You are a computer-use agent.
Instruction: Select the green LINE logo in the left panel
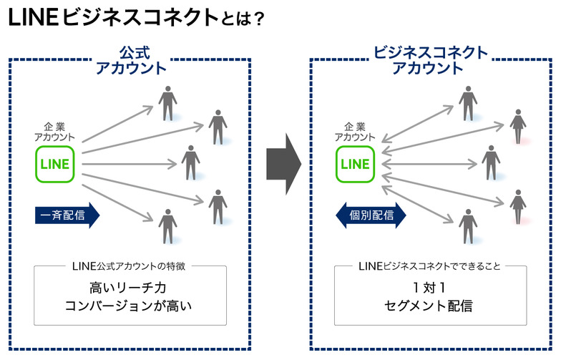click(x=55, y=164)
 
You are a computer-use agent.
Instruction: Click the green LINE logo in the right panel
click(x=356, y=164)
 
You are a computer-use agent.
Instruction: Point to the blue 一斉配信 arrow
click(x=67, y=215)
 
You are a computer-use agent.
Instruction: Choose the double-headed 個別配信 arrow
click(x=370, y=215)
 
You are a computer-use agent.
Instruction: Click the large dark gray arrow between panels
click(x=280, y=164)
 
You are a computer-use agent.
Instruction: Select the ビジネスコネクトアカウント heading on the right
click(x=431, y=61)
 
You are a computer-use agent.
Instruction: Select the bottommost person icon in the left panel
click(x=167, y=225)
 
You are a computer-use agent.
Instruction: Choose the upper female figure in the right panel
click(x=517, y=126)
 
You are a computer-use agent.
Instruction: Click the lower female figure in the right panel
click(x=517, y=205)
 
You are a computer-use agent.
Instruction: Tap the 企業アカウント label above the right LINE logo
click(x=355, y=131)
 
